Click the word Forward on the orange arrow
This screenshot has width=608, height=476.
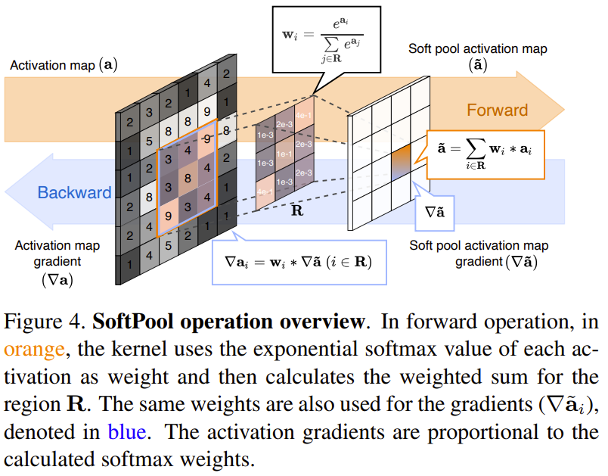pyautogui.click(x=497, y=110)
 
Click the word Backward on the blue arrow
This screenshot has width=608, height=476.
pyautogui.click(x=74, y=192)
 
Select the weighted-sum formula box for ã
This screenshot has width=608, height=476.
pyautogui.click(x=485, y=152)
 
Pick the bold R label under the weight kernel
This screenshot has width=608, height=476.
pyautogui.click(x=297, y=210)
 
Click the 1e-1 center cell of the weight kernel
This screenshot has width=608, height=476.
pyautogui.click(x=284, y=155)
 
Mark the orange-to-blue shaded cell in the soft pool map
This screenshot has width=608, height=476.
pyautogui.click(x=401, y=161)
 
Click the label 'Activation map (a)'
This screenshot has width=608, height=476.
pyautogui.click(x=64, y=65)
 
